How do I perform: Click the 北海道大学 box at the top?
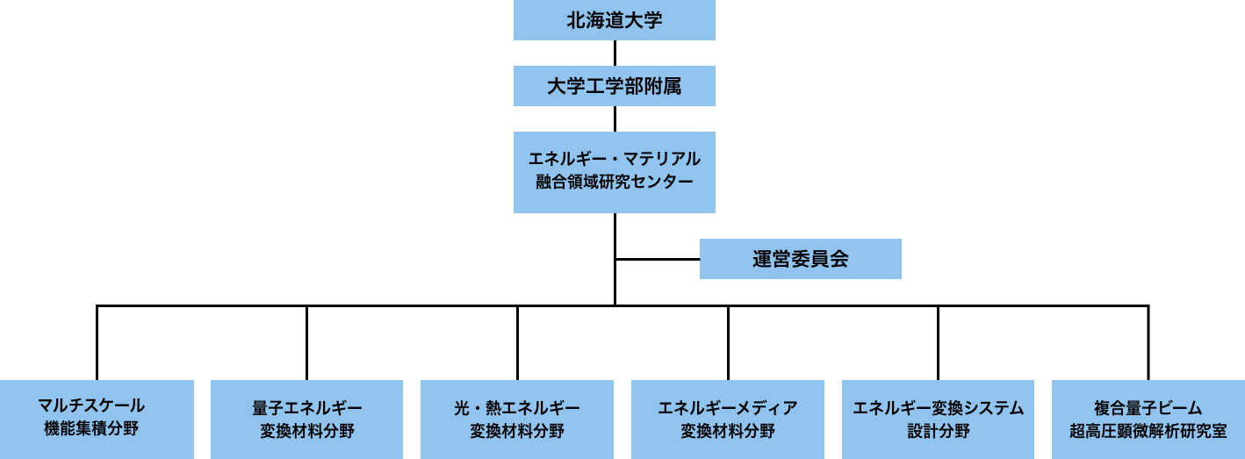615,20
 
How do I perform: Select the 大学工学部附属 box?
615,86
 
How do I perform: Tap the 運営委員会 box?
800,259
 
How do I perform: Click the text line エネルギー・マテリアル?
615,159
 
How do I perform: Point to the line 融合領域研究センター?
615,182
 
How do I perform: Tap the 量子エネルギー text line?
307,408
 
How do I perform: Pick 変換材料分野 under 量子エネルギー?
307,431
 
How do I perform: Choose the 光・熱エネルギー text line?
517,408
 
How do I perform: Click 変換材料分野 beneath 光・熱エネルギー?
517,431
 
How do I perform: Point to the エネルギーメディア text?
728,408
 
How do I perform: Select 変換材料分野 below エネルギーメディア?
728,431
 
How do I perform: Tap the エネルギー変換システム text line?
939,408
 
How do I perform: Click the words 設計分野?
939,431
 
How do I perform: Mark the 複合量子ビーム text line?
1148,408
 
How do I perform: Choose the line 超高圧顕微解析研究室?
1148,431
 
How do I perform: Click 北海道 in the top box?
595,20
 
